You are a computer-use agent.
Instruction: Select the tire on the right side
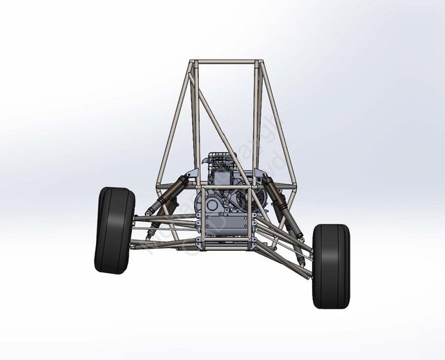click(x=332, y=265)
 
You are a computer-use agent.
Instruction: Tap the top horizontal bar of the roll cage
click(x=227, y=63)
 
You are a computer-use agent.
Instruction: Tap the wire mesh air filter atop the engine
click(x=218, y=161)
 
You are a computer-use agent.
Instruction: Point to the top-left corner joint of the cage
click(x=193, y=64)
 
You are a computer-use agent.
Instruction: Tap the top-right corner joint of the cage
click(x=261, y=64)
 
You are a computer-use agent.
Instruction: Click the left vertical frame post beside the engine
click(x=199, y=208)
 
